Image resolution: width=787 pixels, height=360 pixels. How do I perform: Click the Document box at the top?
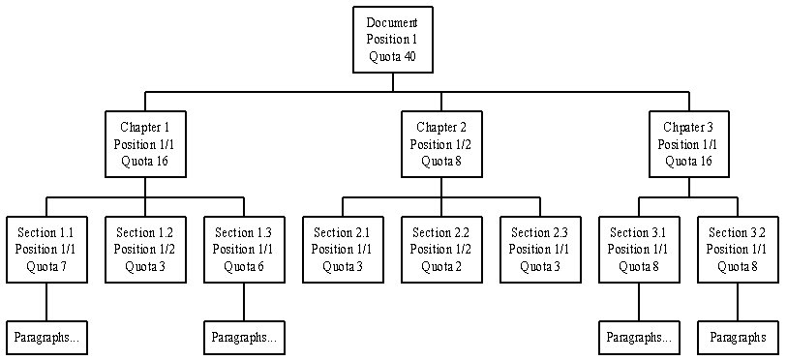(392, 40)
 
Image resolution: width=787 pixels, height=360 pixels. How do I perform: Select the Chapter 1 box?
(145, 144)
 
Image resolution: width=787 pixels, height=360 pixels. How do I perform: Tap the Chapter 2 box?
(441, 144)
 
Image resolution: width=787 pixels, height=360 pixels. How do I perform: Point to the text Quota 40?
(392, 56)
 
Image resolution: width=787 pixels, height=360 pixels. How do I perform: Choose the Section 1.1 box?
(46, 249)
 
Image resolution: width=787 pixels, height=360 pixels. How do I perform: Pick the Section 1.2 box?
(145, 249)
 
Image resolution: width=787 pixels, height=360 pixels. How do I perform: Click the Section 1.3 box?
(244, 249)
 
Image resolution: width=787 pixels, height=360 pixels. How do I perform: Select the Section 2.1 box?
(342, 249)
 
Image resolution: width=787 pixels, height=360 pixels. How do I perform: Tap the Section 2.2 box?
(441, 249)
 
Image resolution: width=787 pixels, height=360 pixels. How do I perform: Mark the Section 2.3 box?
(539, 249)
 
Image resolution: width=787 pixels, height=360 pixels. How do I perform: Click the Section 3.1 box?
(639, 249)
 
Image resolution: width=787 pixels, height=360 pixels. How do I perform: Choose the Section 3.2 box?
(738, 249)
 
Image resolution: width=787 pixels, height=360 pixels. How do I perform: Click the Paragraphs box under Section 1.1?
(46, 338)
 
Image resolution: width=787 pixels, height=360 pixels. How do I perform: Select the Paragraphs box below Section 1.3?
(244, 338)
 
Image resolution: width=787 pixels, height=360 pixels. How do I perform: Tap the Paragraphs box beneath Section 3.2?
(738, 338)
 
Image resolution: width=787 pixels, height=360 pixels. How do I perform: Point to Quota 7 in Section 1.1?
(46, 266)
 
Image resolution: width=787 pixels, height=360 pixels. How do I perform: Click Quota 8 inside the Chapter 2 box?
(441, 162)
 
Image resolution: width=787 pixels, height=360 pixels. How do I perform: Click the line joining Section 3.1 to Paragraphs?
(639, 302)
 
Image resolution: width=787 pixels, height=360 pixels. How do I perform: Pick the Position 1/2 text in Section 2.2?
(441, 250)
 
